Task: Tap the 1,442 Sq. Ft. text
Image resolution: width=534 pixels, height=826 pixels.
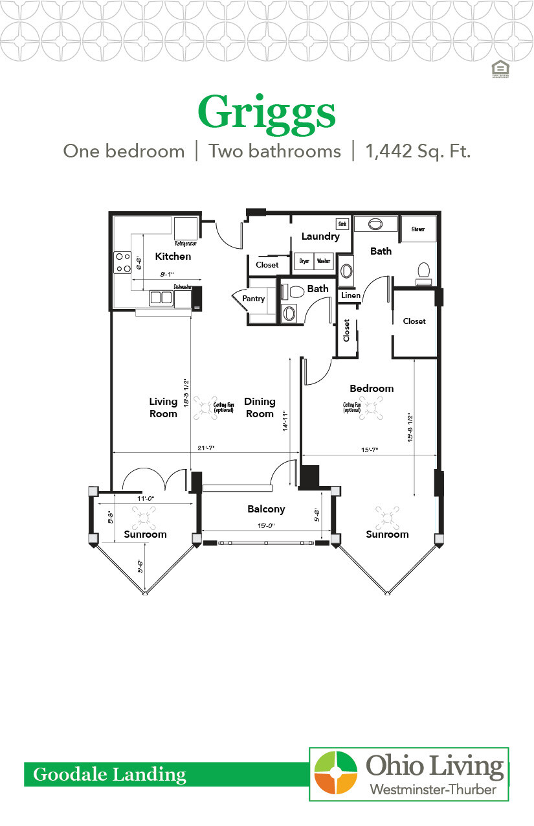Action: (417, 152)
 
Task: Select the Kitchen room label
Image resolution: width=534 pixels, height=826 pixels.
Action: (173, 257)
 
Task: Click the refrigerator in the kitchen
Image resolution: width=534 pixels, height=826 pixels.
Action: (185, 229)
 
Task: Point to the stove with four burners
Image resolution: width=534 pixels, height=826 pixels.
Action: (123, 262)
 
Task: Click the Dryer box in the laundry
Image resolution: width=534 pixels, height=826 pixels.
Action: (304, 261)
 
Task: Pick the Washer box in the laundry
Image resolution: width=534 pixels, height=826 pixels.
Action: (324, 261)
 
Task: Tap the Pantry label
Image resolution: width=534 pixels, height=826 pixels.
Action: (254, 299)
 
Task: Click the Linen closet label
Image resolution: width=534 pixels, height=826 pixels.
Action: (350, 295)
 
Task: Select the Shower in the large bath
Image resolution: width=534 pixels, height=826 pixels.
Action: (418, 229)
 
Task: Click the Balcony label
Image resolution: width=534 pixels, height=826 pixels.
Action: (265, 509)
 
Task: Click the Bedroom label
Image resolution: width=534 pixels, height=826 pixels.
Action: (372, 389)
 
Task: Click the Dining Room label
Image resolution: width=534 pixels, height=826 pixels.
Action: (260, 407)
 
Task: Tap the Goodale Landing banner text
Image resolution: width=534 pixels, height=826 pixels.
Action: (109, 774)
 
